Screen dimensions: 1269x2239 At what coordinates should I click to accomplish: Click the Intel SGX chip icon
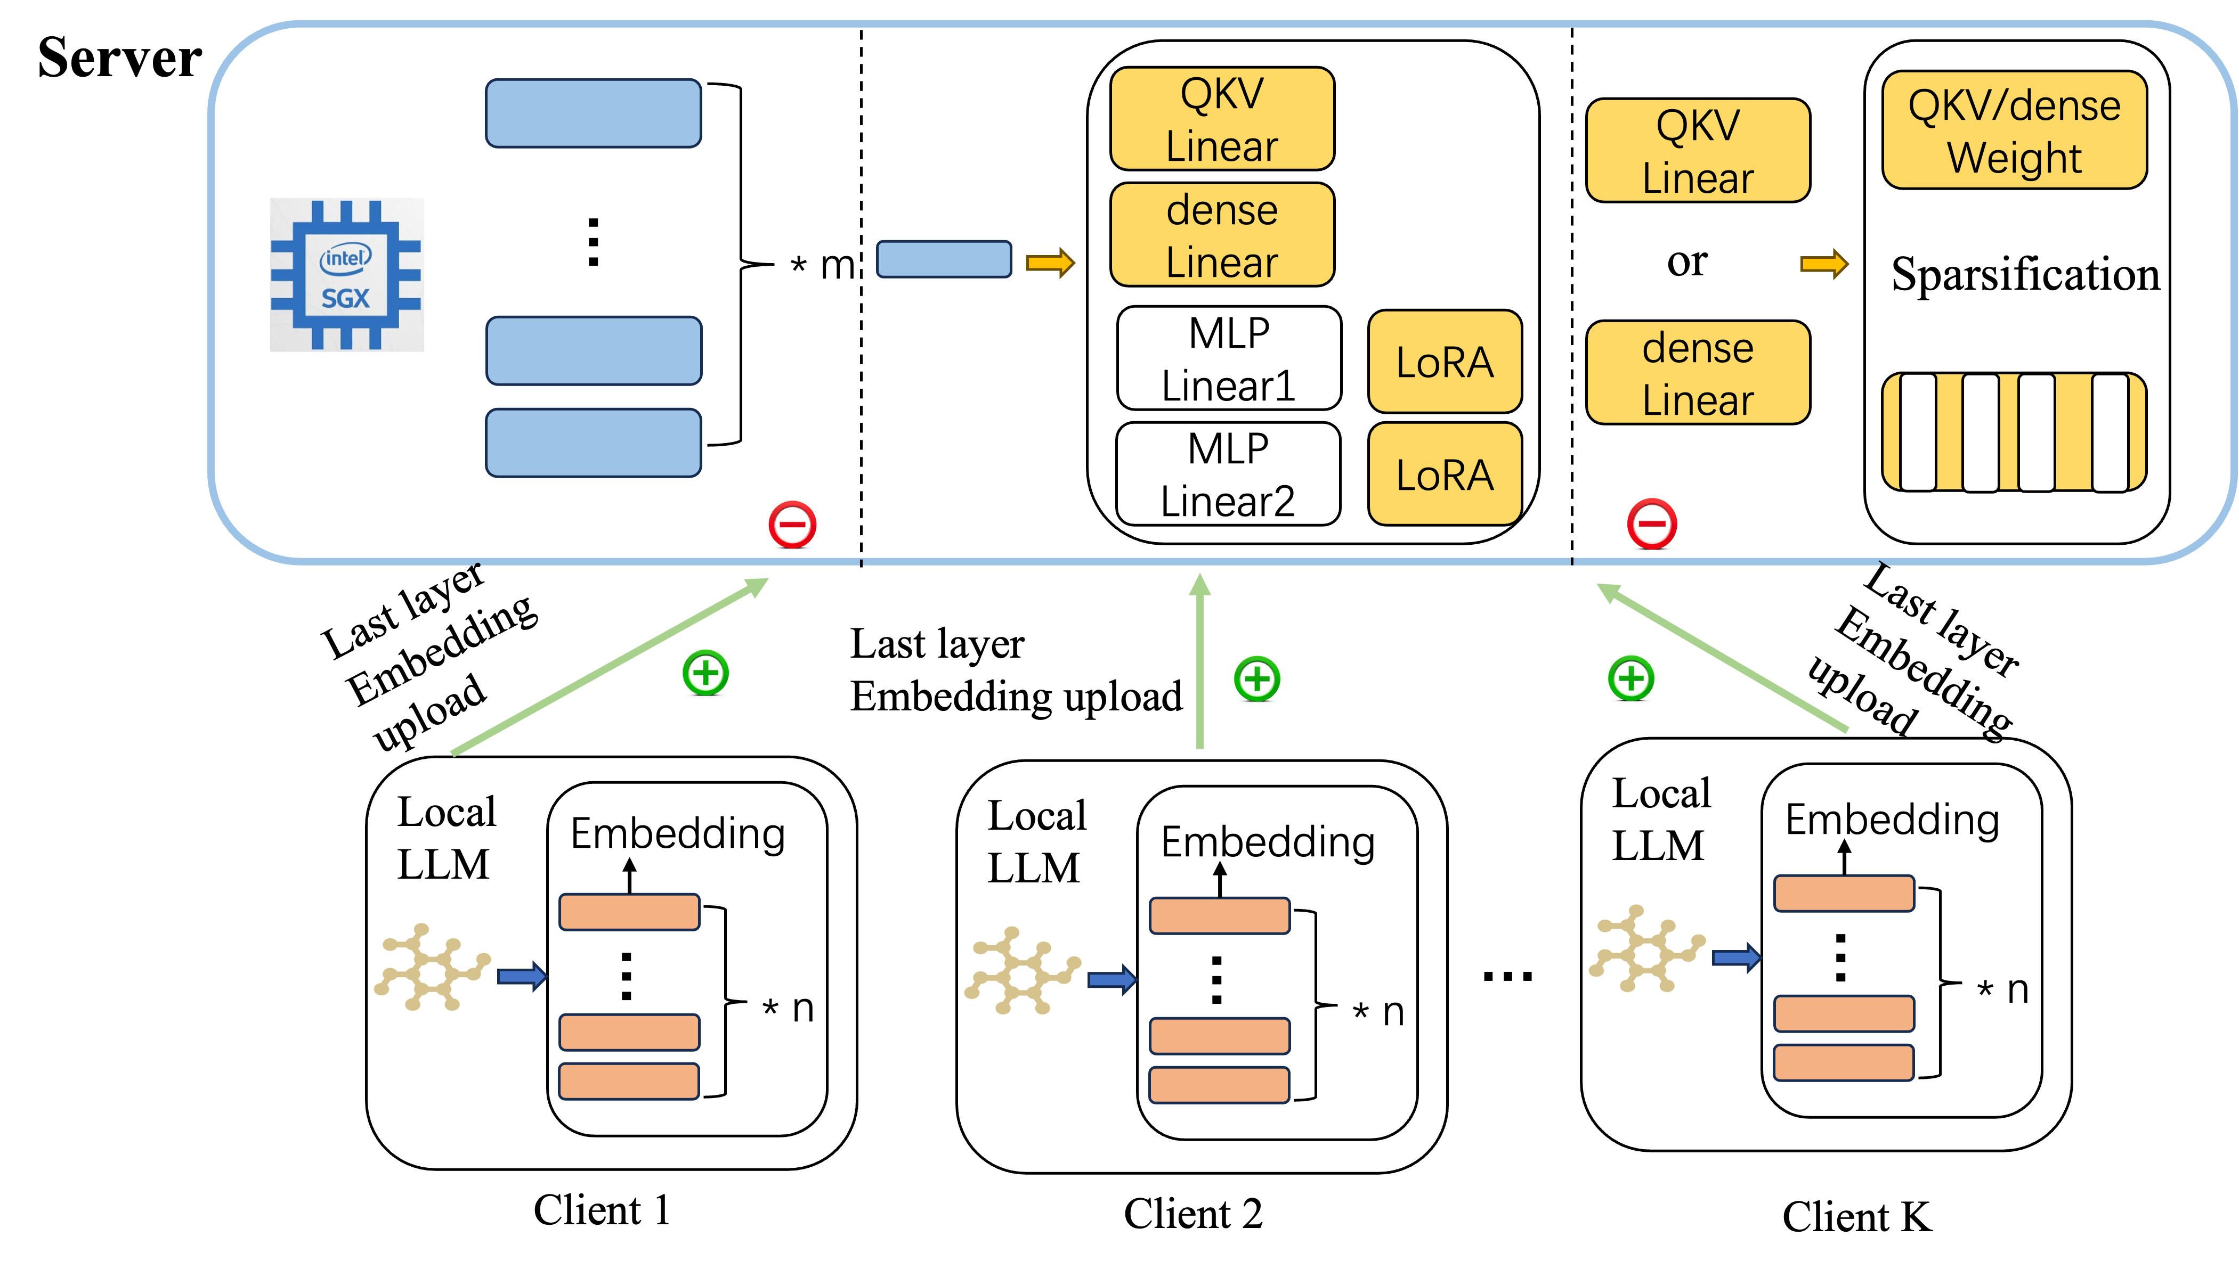pyautogui.click(x=346, y=275)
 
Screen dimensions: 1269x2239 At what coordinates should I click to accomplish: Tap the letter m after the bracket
pyautogui.click(x=837, y=265)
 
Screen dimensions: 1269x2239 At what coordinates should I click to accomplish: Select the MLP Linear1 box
pyautogui.click(x=1229, y=358)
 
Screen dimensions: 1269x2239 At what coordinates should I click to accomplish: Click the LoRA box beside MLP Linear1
pyautogui.click(x=1445, y=362)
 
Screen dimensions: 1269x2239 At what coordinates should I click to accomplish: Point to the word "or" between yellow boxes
pyautogui.click(x=1687, y=261)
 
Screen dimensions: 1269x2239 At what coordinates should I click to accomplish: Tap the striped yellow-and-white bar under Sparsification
pyautogui.click(x=2014, y=432)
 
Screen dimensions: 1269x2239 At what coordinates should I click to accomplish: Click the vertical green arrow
pyautogui.click(x=1200, y=662)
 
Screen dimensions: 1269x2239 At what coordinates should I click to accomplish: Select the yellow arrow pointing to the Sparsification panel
pyautogui.click(x=1824, y=263)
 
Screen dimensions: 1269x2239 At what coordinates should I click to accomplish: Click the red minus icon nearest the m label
pyautogui.click(x=792, y=525)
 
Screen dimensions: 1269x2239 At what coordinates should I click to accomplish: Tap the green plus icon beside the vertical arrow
pyautogui.click(x=1256, y=679)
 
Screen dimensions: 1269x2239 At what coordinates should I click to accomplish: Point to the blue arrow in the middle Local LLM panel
pyautogui.click(x=1112, y=980)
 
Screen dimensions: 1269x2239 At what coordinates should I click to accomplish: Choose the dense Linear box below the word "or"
pyautogui.click(x=1698, y=373)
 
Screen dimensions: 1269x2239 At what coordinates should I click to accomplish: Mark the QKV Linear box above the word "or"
pyautogui.click(x=1698, y=151)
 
